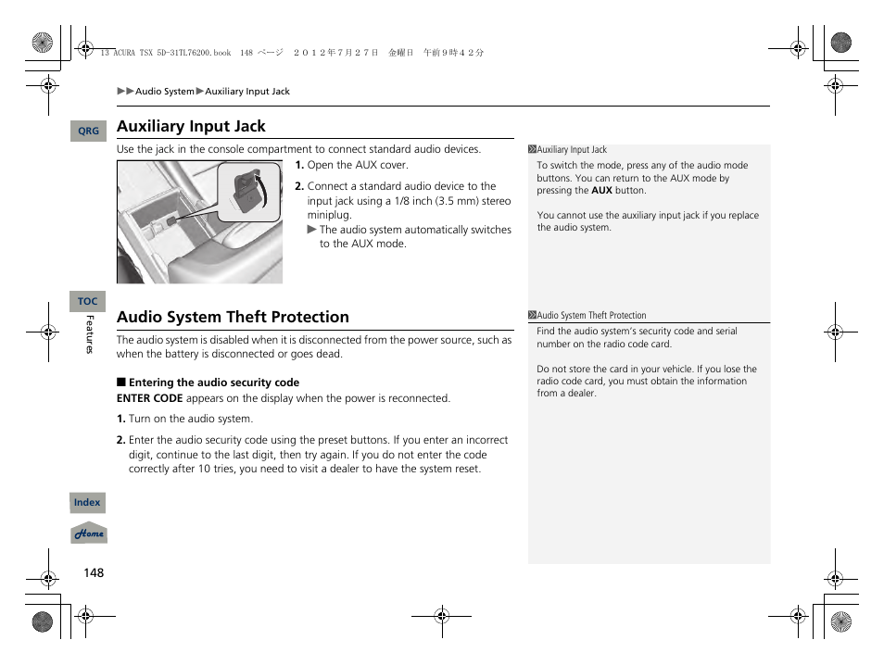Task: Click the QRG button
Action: click(x=88, y=132)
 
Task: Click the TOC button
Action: click(x=87, y=301)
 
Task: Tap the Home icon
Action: click(x=89, y=534)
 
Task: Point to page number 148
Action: click(x=94, y=572)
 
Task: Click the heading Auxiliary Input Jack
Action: click(x=191, y=126)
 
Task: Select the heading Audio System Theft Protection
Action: click(x=233, y=317)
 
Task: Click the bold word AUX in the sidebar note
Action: click(x=601, y=191)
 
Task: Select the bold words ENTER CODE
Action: click(x=149, y=398)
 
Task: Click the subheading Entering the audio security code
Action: click(x=213, y=383)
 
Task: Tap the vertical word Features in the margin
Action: click(x=90, y=334)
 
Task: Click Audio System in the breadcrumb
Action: click(x=165, y=92)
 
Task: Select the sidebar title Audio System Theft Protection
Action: click(x=591, y=316)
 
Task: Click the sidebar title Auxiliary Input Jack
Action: click(x=572, y=150)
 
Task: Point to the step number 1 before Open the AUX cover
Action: click(x=299, y=166)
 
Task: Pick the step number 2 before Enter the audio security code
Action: click(x=120, y=441)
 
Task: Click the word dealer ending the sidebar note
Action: click(x=582, y=394)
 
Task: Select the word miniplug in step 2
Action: click(x=329, y=215)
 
